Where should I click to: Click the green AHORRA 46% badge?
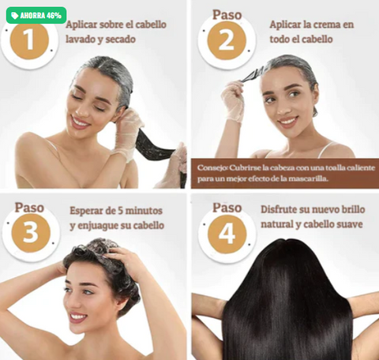coord(36,15)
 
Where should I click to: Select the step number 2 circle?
coord(227,41)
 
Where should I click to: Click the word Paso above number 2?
coord(227,15)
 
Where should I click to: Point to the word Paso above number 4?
coord(227,208)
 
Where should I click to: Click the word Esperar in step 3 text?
coord(88,212)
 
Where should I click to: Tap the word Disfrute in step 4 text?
coord(281,211)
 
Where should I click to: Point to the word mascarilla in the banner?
coord(303,179)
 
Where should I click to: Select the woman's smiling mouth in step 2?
coord(288,122)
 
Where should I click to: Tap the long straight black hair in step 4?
coord(286,308)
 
